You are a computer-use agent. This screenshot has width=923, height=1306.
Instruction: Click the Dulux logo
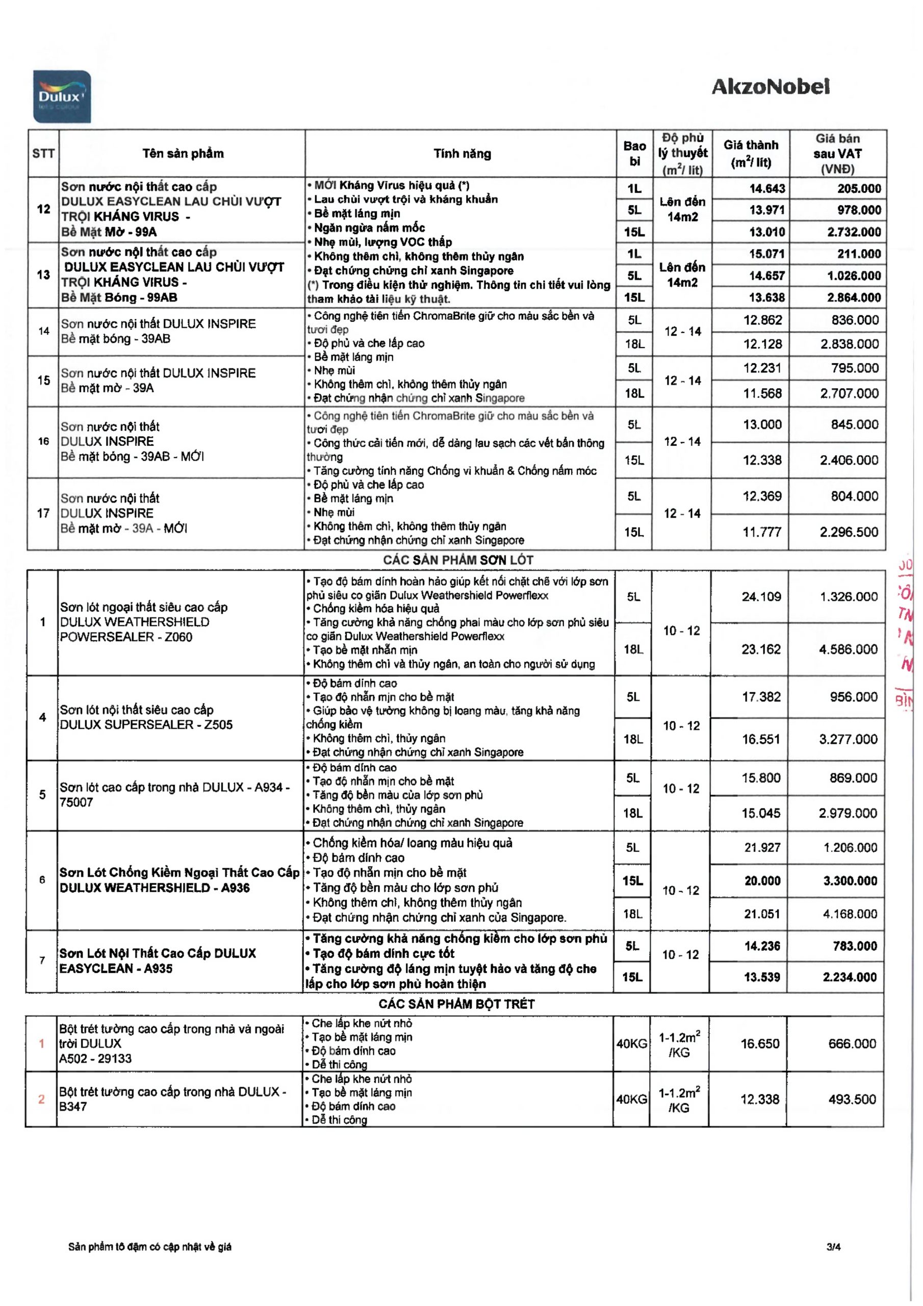[x=61, y=97]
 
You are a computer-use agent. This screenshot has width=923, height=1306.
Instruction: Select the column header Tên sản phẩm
[x=183, y=153]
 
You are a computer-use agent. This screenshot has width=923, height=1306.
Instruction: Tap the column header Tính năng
[x=462, y=153]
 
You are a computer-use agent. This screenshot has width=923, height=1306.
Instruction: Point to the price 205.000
[x=859, y=188]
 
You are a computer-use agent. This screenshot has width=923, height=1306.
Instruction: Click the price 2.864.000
[x=854, y=297]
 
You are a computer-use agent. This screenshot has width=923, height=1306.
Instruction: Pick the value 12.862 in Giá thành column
[x=763, y=320]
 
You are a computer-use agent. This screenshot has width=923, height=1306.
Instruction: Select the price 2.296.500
[x=849, y=532]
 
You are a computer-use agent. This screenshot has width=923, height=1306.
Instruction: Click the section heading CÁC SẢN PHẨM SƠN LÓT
[x=458, y=560]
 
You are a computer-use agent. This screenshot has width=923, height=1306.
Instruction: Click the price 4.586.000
[x=848, y=649]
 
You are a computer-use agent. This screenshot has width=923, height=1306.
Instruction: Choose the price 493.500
[x=852, y=1099]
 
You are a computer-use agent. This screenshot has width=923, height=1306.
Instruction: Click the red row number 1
[x=41, y=1043]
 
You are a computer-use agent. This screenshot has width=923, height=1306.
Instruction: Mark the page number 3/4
[x=834, y=1247]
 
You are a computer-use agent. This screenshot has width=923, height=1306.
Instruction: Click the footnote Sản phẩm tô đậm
[x=149, y=1247]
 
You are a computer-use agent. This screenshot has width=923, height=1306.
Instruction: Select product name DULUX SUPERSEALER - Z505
[x=146, y=724]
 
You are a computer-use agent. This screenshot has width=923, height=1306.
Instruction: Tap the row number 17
[x=43, y=513]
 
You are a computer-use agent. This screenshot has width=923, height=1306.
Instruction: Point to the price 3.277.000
[x=848, y=739]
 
